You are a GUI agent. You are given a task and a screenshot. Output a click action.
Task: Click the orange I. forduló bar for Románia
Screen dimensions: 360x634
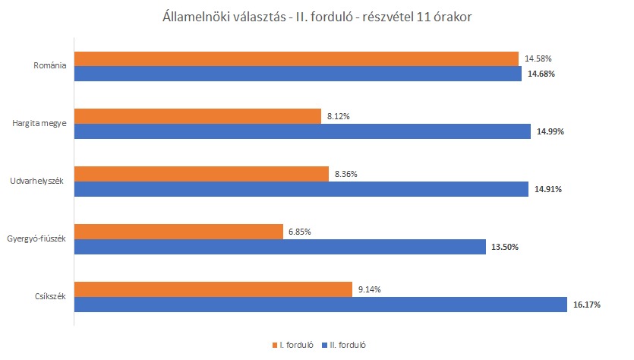tap(296, 58)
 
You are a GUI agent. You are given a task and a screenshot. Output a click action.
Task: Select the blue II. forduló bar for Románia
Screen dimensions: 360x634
tap(298, 74)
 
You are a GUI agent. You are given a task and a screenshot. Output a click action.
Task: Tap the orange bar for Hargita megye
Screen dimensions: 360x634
tap(197, 116)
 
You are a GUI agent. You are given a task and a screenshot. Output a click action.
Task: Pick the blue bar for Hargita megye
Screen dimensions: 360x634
tap(302, 131)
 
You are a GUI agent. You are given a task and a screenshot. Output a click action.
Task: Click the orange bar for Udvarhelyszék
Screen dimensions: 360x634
tap(201, 174)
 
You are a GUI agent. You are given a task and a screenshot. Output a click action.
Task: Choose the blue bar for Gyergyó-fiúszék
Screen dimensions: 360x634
tap(279, 247)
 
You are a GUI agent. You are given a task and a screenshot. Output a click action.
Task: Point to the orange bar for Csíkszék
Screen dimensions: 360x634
tap(213, 289)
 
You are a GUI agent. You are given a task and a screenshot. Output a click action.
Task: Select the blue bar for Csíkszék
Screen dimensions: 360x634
tap(320, 305)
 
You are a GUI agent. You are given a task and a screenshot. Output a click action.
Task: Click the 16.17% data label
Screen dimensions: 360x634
tap(586, 305)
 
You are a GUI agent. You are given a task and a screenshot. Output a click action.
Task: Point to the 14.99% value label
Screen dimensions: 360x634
tap(550, 131)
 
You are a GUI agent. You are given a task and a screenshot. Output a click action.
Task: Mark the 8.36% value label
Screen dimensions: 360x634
tap(345, 174)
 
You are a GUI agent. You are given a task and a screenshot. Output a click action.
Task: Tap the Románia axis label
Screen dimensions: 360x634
tap(50, 66)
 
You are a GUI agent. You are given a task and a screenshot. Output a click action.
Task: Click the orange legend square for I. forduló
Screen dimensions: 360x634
tap(274, 345)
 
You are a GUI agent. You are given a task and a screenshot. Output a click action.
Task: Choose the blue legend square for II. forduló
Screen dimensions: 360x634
tap(324, 345)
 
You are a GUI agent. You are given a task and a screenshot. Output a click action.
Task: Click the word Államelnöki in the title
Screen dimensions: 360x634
tap(194, 17)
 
